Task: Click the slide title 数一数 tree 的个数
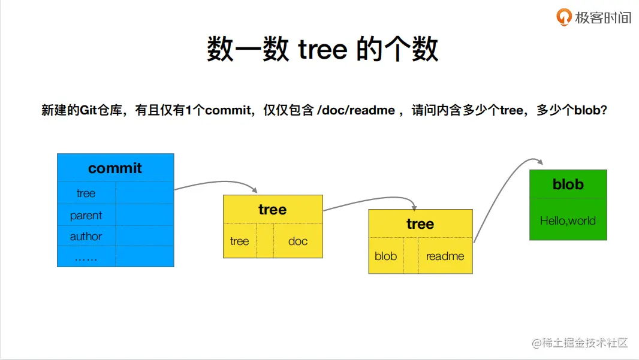pyautogui.click(x=322, y=49)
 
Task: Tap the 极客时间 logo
pyautogui.click(x=594, y=17)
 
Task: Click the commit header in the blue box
pyautogui.click(x=115, y=168)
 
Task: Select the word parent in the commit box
pyautogui.click(x=86, y=216)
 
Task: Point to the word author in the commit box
pyautogui.click(x=86, y=237)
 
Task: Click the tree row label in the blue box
pyautogui.click(x=86, y=193)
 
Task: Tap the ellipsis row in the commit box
pyautogui.click(x=86, y=258)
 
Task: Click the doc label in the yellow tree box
pyautogui.click(x=297, y=241)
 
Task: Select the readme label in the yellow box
pyautogui.click(x=445, y=256)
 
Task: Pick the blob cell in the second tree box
pyautogui.click(x=385, y=256)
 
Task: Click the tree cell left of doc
pyautogui.click(x=239, y=241)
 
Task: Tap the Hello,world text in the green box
pyautogui.click(x=568, y=220)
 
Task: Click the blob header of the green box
pyautogui.click(x=568, y=184)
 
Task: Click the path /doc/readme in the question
pyautogui.click(x=356, y=110)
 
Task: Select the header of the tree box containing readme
pyautogui.click(x=420, y=224)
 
